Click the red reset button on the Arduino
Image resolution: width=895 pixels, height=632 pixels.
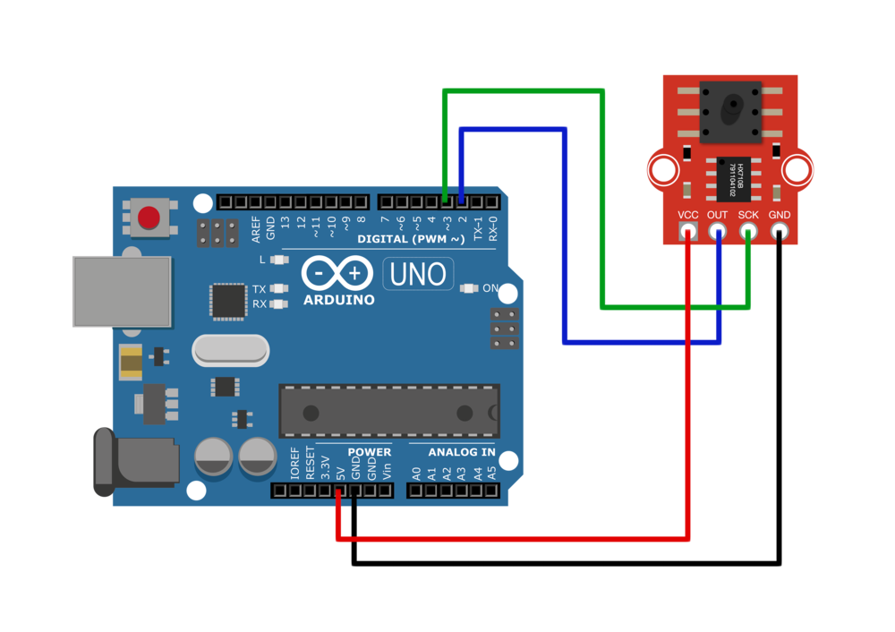pos(149,218)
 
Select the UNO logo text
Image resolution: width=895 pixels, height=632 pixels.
pos(418,274)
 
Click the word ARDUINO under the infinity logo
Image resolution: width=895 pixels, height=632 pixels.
pos(338,300)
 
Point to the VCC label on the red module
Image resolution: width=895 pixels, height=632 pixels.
pos(687,215)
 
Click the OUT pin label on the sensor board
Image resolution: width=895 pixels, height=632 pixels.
pos(717,215)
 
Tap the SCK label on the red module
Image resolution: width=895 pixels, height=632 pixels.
pos(748,215)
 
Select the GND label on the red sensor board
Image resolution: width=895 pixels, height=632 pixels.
pos(780,215)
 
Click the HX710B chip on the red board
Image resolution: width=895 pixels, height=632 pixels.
pos(732,178)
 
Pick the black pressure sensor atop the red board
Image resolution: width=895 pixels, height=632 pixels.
pos(730,112)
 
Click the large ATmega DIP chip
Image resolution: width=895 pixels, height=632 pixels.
pos(389,412)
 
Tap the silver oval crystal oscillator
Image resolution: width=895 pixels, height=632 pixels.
pos(230,351)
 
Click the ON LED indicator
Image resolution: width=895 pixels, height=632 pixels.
pos(470,288)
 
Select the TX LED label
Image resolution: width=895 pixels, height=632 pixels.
pos(259,289)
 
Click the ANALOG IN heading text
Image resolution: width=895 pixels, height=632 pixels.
pos(461,452)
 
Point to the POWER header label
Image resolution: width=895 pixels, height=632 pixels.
pos(369,452)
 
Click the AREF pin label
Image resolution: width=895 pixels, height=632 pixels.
pos(256,229)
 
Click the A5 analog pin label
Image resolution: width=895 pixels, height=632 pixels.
pos(491,471)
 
